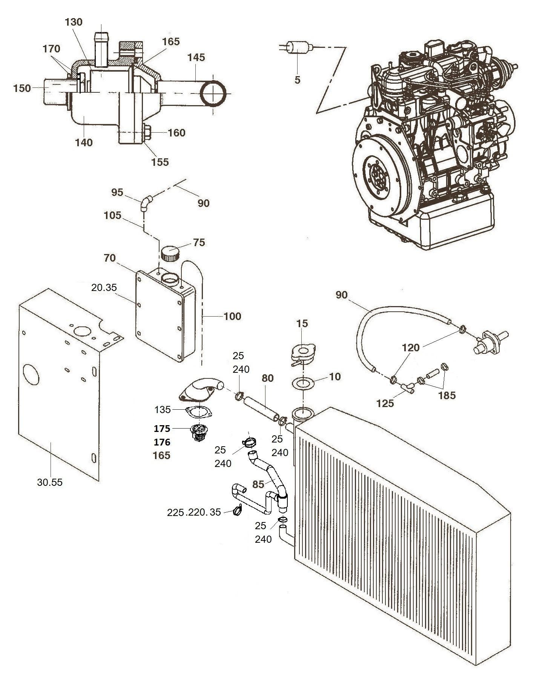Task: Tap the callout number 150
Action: [22, 89]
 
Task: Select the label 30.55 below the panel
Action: [49, 482]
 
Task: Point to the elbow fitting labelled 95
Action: [146, 203]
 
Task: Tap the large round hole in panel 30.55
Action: [31, 374]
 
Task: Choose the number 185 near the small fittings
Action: [447, 395]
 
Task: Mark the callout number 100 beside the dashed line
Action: [232, 316]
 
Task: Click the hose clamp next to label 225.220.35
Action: [238, 510]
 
